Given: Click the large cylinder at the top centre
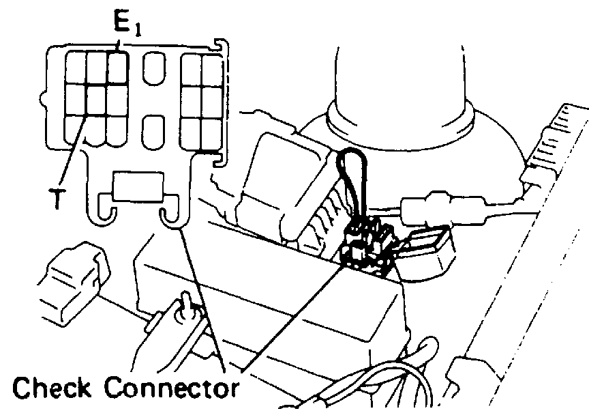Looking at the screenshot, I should tap(399, 75).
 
